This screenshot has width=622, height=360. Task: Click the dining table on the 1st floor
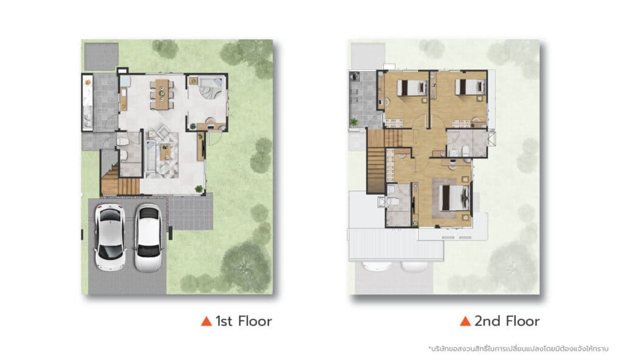click(x=162, y=94)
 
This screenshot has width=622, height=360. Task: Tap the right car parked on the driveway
click(x=148, y=238)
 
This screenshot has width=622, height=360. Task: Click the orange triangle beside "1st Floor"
click(x=207, y=321)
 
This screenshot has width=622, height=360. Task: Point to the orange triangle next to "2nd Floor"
click(x=465, y=321)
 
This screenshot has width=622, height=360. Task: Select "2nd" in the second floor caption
click(x=488, y=321)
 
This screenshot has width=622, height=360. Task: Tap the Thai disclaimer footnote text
click(x=518, y=349)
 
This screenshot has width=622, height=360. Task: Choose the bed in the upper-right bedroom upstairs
click(x=470, y=87)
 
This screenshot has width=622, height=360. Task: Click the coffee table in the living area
click(x=165, y=152)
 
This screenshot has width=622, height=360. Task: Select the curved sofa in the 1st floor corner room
click(x=210, y=91)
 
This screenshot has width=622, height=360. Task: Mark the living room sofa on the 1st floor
click(x=151, y=156)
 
